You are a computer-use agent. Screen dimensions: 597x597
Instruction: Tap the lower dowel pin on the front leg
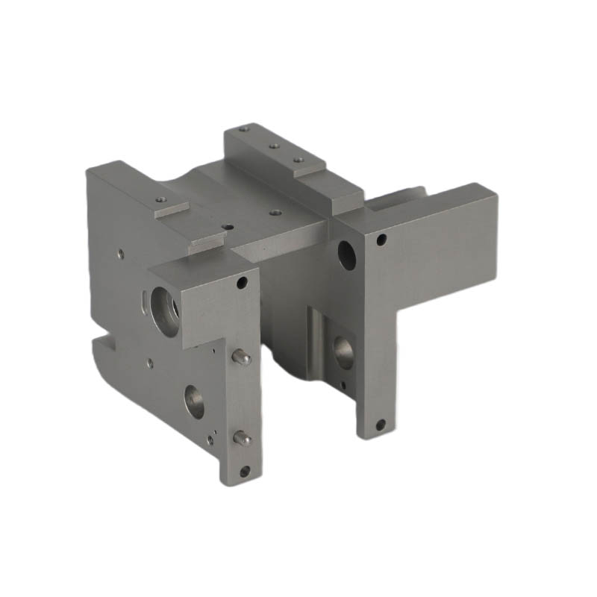coord(242,439)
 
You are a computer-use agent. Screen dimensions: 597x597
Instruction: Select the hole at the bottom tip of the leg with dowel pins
coord(245,471)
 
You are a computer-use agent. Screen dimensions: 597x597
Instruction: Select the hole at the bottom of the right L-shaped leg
coord(380,425)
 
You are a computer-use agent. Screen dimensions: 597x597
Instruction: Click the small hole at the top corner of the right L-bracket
coord(381,240)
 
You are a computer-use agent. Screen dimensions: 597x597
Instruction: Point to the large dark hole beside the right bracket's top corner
coord(347,254)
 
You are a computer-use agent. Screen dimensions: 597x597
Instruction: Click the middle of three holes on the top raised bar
coord(275,146)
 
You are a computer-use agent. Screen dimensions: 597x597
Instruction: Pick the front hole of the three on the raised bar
coord(298,159)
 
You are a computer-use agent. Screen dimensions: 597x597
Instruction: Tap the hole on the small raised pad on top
coord(160,199)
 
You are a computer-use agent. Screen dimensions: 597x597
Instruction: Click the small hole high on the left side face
coord(120,254)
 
